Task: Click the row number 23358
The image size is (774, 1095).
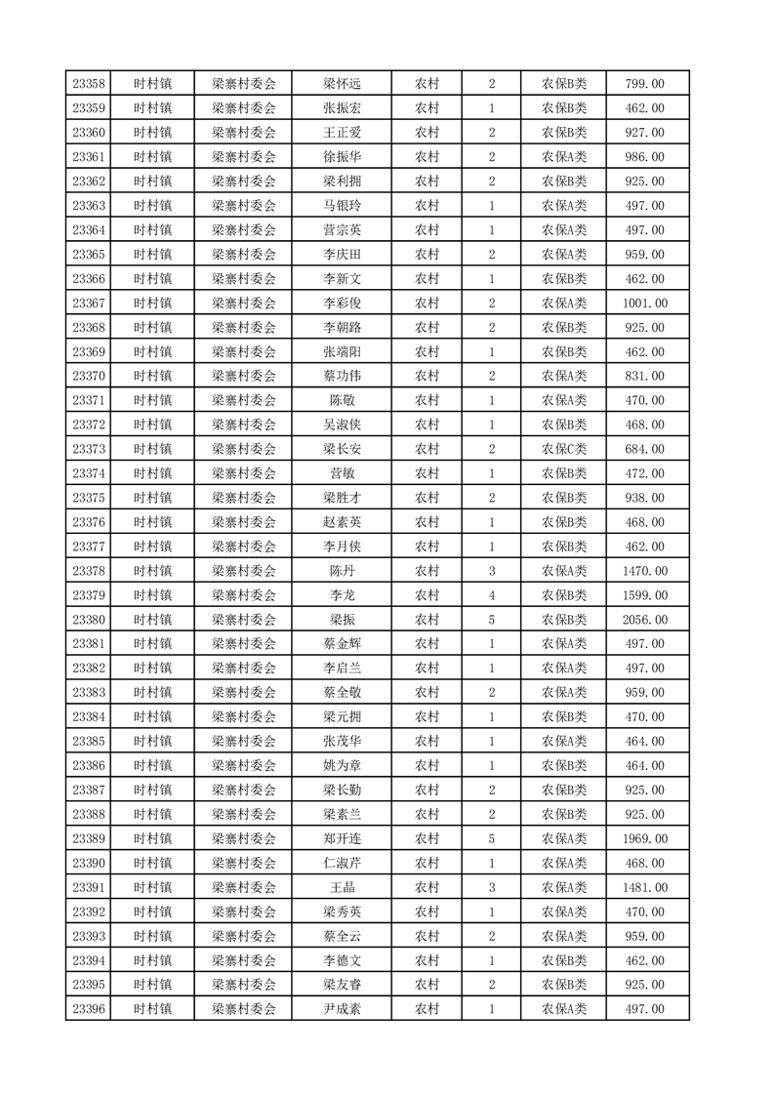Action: [88, 84]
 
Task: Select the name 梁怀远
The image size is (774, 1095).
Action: [342, 84]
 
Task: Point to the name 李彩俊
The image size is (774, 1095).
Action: [342, 304]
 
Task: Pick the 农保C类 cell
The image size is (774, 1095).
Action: [564, 449]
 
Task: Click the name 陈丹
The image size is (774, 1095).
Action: [342, 571]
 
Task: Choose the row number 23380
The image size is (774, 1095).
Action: [88, 620]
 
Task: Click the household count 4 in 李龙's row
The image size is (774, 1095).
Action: [492, 595]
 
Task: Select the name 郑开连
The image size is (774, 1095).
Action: [342, 838]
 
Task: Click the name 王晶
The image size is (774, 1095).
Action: [342, 887]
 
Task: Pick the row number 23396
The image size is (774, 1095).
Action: [88, 1009]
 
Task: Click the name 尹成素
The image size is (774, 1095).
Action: [342, 1009]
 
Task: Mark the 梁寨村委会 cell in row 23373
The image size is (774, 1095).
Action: [244, 449]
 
